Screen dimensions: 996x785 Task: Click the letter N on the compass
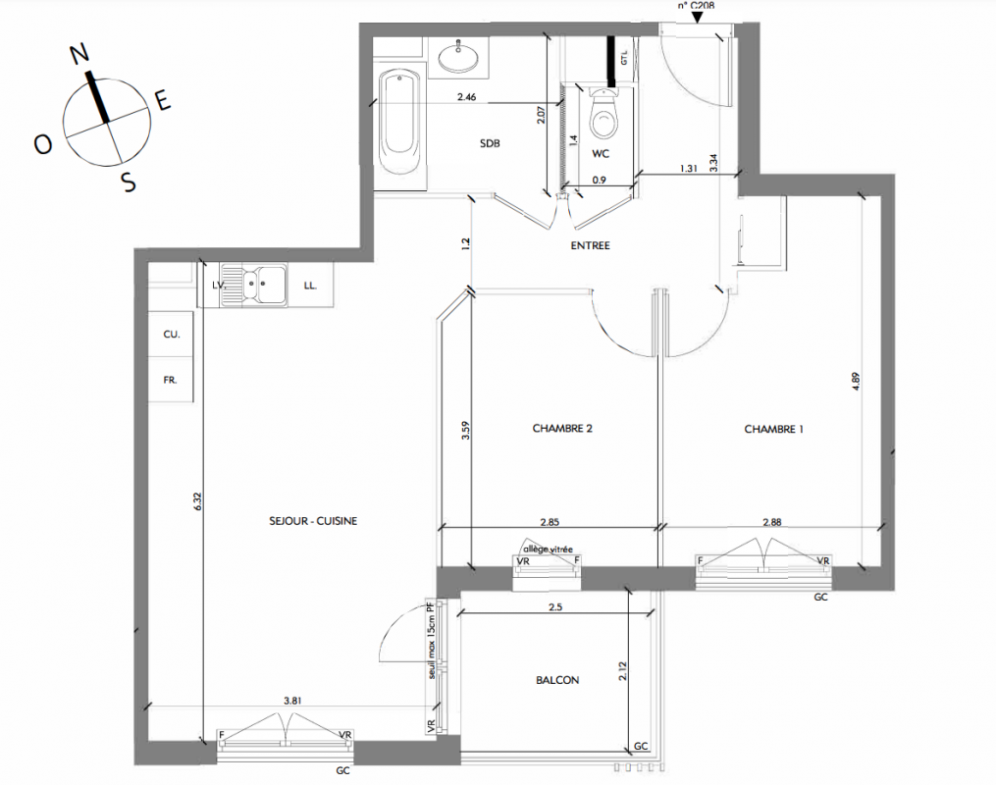pos(79,55)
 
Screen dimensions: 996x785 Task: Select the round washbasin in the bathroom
pos(458,57)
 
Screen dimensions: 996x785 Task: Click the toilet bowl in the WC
pos(603,115)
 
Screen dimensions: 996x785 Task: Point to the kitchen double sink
pos(254,285)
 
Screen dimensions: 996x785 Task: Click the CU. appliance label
pos(172,334)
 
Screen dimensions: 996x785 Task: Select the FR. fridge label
pos(170,380)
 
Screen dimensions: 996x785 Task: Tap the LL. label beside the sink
pos(310,286)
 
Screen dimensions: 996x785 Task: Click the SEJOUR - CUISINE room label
pos(313,521)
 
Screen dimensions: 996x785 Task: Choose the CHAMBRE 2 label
pos(562,429)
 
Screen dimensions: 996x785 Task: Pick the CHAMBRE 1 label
pos(773,430)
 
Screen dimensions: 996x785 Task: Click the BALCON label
pos(557,680)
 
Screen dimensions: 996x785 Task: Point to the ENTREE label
pos(590,245)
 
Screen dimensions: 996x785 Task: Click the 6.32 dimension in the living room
pos(197,501)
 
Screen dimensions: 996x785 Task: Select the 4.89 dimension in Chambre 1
pos(856,381)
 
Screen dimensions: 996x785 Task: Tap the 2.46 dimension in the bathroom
pos(466,97)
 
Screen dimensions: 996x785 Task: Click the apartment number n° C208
pos(696,5)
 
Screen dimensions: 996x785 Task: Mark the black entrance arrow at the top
pos(698,17)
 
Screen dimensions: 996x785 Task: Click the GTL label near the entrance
pos(624,58)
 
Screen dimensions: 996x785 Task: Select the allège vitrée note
pos(548,549)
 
